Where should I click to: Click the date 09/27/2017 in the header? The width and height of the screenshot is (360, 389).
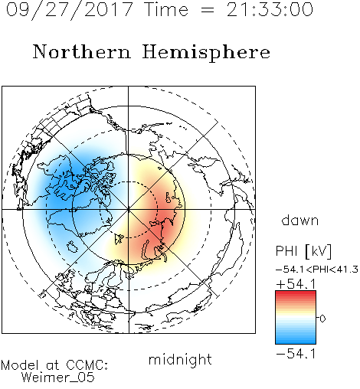pyautogui.click(x=70, y=10)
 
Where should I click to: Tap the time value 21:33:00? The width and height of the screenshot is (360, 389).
pyautogui.click(x=270, y=9)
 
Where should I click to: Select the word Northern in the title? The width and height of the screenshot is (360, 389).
pyautogui.click(x=82, y=52)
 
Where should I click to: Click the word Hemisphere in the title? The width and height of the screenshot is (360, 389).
pyautogui.click(x=206, y=52)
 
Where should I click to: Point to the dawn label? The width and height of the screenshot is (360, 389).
pyautogui.click(x=300, y=220)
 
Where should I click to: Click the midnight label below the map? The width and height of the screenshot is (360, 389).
pyautogui.click(x=180, y=360)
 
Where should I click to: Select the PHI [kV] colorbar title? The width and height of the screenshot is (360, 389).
pyautogui.click(x=303, y=251)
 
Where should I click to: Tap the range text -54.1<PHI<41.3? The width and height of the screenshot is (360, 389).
pyautogui.click(x=317, y=270)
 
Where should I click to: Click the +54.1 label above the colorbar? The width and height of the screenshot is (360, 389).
pyautogui.click(x=296, y=284)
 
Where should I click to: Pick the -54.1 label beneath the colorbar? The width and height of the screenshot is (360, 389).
pyautogui.click(x=296, y=354)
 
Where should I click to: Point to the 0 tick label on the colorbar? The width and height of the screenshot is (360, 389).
pyautogui.click(x=322, y=319)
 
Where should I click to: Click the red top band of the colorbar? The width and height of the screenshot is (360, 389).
pyautogui.click(x=296, y=293)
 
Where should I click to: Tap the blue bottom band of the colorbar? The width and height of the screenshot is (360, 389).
pyautogui.click(x=296, y=342)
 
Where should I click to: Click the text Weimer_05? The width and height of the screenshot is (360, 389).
pyautogui.click(x=58, y=378)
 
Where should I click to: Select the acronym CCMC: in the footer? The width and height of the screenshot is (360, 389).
pyautogui.click(x=87, y=365)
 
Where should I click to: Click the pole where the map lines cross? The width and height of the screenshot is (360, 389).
pyautogui.click(x=129, y=209)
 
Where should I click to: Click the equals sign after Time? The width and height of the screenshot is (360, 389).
pyautogui.click(x=207, y=11)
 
